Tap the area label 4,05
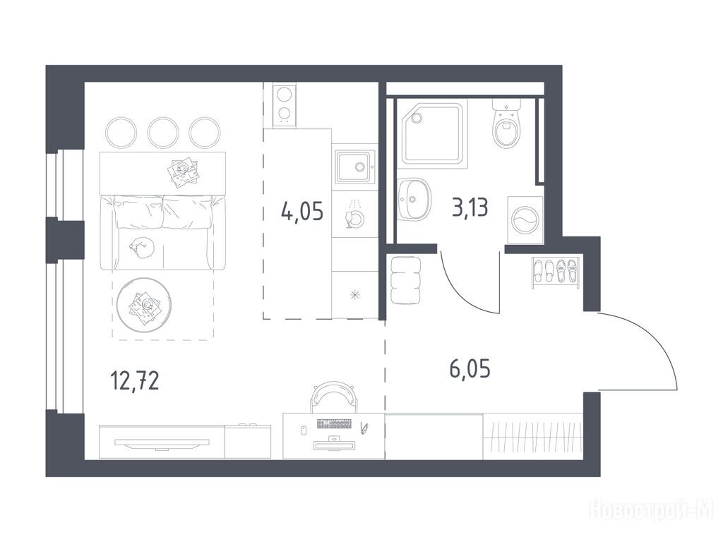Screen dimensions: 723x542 click(x=302, y=212)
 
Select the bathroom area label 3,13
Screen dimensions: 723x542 click(x=470, y=207)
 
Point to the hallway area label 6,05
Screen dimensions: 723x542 click(x=470, y=369)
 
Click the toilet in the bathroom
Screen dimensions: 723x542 click(x=506, y=124)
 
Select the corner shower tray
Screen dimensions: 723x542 click(x=434, y=133)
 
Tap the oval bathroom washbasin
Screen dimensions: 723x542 click(x=414, y=199)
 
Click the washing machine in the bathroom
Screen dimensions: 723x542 click(x=525, y=220)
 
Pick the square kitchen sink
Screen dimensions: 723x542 click(x=354, y=167)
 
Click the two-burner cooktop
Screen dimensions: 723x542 click(x=284, y=105)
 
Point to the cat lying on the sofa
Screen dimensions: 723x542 click(x=142, y=248)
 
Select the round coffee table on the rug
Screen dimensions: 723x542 click(x=144, y=305)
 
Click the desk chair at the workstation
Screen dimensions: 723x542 click(x=334, y=397)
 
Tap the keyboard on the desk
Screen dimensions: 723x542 click(x=334, y=423)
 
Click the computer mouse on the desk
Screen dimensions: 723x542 click(x=304, y=431)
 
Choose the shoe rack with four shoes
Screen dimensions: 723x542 click(x=555, y=272)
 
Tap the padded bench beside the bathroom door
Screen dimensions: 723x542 click(x=406, y=280)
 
